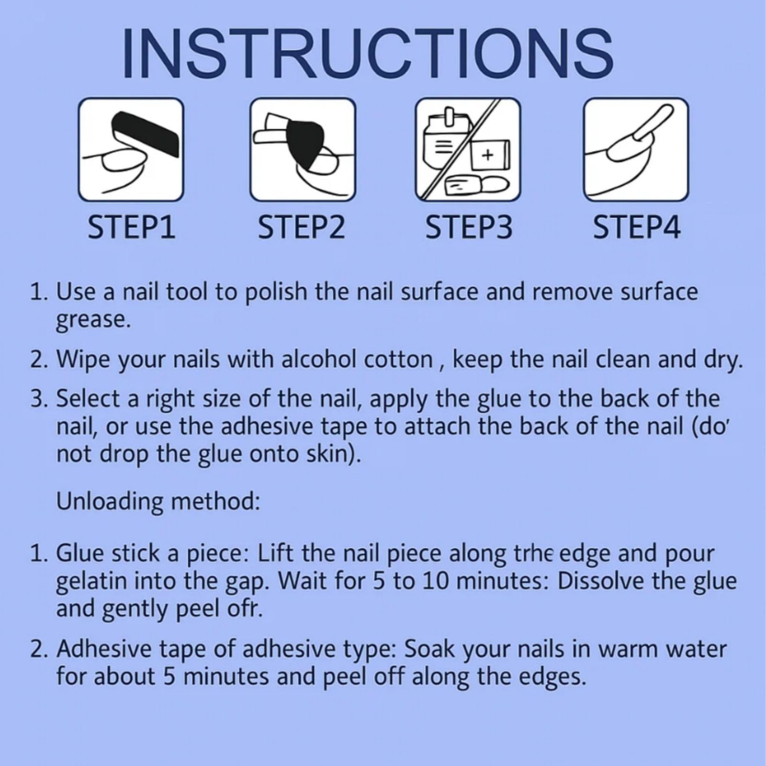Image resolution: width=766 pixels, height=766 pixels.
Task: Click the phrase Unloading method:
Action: point(158,501)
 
